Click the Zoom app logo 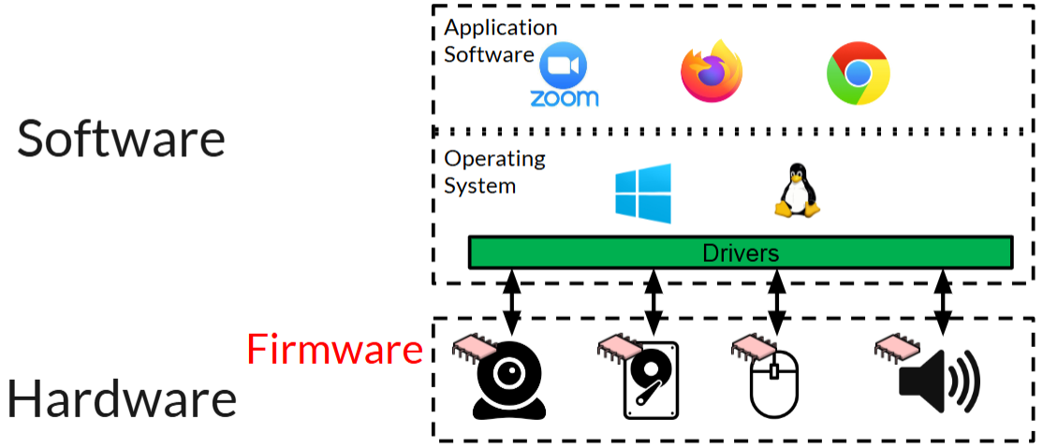click(564, 74)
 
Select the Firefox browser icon click(712, 72)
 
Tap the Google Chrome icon click(858, 73)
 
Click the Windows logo click(643, 194)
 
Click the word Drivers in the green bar click(741, 253)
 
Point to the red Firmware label click(334, 350)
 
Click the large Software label click(122, 138)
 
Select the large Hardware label click(122, 399)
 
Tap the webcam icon click(508, 384)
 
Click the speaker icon click(938, 383)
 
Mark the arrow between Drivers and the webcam click(511, 301)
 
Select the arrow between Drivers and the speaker click(943, 301)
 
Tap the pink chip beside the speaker click(896, 347)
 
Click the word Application click(500, 27)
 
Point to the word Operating click(494, 158)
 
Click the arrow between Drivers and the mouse click(776, 301)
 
